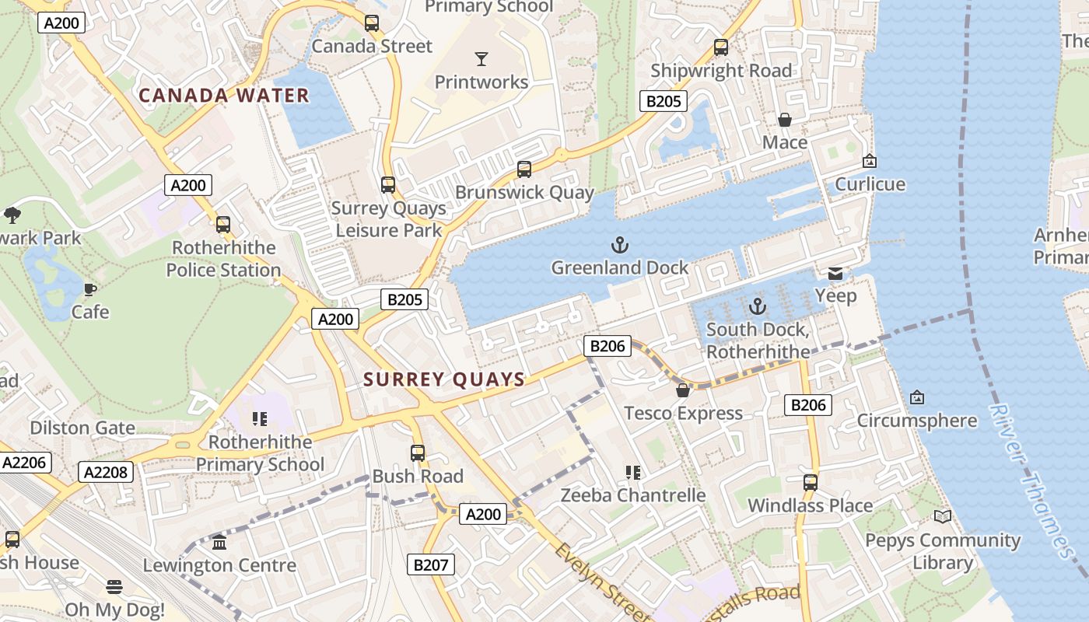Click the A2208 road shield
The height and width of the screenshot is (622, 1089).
(106, 472)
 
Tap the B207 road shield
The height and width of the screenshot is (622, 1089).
(431, 564)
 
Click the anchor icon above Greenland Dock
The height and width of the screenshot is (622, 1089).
(619, 246)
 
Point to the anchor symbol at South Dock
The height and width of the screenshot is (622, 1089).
(758, 306)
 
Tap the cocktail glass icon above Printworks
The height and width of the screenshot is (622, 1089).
(481, 59)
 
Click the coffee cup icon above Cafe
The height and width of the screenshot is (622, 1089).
(90, 290)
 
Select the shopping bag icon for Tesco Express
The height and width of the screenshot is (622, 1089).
(683, 390)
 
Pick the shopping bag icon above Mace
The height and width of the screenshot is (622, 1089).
(784, 120)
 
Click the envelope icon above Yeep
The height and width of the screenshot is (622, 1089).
(835, 273)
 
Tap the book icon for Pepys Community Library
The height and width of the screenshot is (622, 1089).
(942, 516)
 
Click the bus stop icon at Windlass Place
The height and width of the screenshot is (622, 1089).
(811, 482)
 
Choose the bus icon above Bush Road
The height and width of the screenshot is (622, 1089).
(418, 453)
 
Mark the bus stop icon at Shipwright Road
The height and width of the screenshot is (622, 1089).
(721, 47)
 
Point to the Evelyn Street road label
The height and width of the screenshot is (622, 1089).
(601, 582)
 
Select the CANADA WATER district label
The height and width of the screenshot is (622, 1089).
(224, 96)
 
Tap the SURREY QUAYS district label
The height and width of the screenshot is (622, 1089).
(445, 379)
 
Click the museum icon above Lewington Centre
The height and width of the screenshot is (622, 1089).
(219, 542)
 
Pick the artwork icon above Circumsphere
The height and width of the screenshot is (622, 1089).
(916, 397)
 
